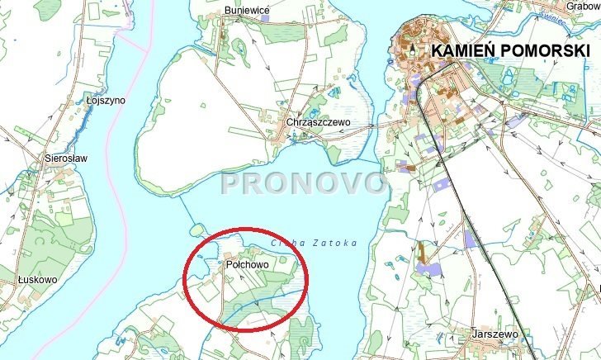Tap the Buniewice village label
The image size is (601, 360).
(248, 10)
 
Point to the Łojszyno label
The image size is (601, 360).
(106, 100)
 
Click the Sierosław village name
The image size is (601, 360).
(67, 157)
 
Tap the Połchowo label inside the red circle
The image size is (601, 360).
(244, 265)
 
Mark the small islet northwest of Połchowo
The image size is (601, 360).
(196, 230)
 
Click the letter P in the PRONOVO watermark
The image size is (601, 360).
(233, 183)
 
